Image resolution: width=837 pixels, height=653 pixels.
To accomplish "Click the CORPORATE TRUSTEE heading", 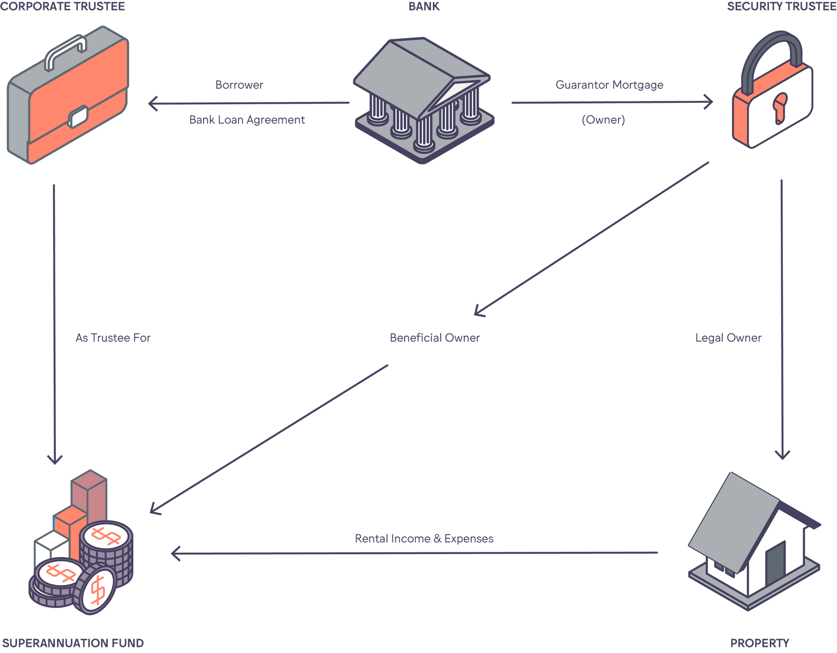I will coord(63,7).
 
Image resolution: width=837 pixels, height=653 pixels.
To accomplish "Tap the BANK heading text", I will coord(424,7).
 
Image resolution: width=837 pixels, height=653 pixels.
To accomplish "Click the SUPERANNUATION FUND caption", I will coord(73,643).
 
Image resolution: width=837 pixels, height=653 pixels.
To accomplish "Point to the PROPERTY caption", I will coord(759,643).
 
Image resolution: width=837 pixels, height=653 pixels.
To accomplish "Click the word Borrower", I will coord(239,85).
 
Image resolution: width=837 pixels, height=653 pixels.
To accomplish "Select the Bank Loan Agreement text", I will coord(247,119).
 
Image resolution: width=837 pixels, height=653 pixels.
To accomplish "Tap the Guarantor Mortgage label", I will coord(609,85).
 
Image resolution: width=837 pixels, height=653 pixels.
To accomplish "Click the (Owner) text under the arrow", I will coord(603,119).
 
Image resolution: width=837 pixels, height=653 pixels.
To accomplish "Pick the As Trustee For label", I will coord(113,337).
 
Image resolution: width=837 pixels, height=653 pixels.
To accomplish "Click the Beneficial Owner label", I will coord(435,337).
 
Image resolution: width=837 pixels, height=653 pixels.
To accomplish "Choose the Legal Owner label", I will coord(728,337).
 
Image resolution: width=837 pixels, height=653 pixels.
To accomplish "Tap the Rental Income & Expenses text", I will coord(424,538).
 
